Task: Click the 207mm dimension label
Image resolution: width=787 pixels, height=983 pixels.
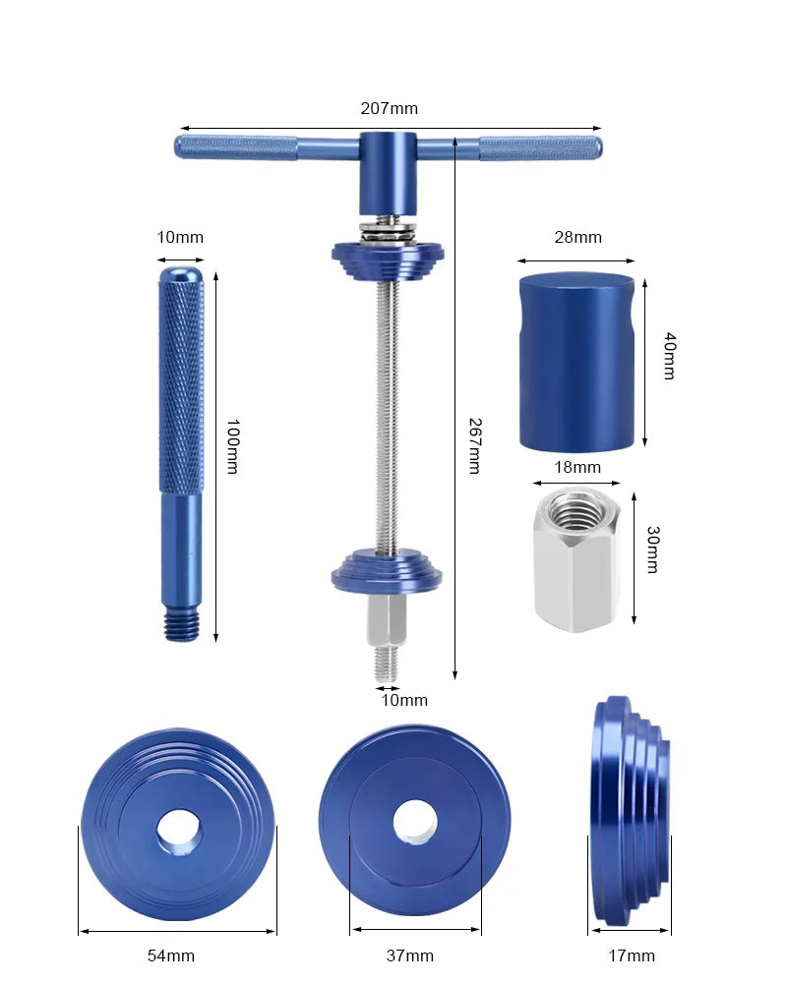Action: click(390, 108)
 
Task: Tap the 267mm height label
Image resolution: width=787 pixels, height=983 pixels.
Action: click(475, 445)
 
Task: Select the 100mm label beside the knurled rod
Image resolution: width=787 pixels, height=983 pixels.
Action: click(233, 446)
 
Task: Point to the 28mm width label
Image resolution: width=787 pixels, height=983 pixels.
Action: click(578, 237)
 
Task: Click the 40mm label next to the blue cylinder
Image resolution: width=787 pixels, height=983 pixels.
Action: click(670, 356)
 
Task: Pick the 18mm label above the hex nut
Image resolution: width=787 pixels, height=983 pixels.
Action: click(577, 467)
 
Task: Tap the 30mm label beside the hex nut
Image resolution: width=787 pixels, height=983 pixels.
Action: click(653, 549)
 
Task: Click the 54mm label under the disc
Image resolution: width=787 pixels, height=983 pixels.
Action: click(171, 955)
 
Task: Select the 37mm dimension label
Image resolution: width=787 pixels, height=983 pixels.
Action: click(410, 955)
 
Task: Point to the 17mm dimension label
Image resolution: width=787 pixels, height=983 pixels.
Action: click(632, 955)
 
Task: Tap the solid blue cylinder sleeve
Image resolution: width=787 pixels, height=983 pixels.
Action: click(576, 362)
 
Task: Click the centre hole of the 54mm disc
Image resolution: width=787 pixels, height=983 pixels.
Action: click(179, 833)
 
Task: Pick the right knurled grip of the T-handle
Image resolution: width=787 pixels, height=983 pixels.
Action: click(541, 148)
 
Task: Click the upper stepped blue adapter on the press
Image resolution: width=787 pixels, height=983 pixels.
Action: click(388, 259)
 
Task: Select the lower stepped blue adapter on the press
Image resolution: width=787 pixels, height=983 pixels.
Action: click(387, 571)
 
